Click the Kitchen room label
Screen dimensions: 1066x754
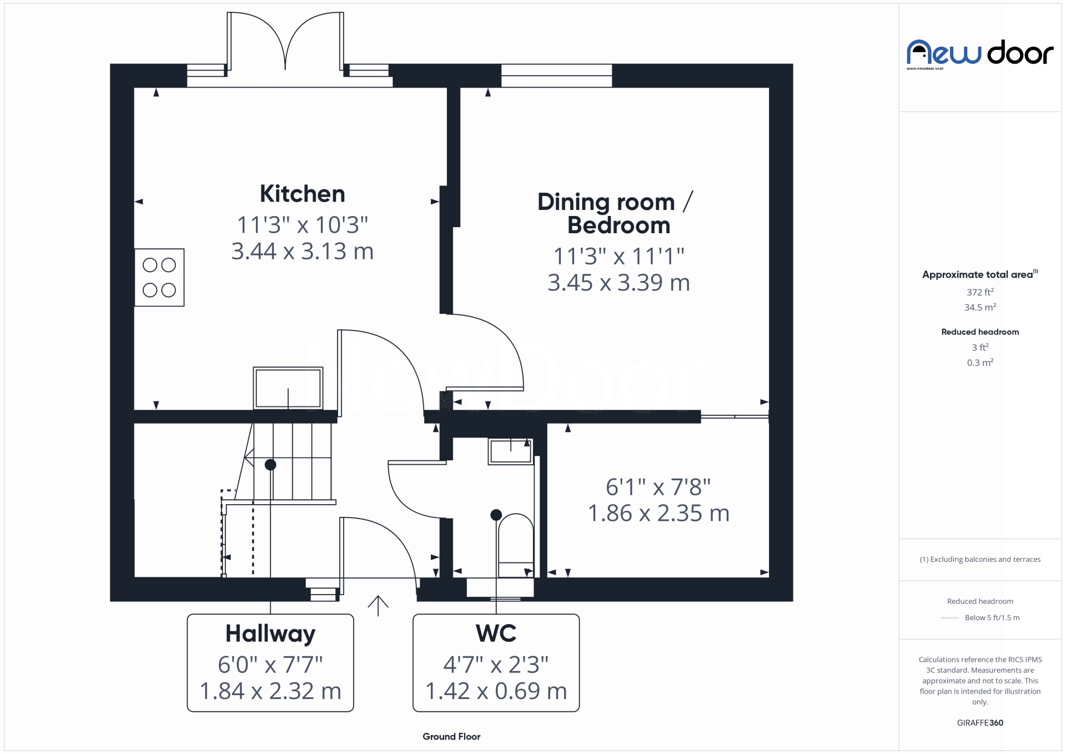tap(303, 194)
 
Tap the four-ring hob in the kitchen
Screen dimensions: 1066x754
tap(159, 278)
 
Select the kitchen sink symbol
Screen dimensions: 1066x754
tap(288, 388)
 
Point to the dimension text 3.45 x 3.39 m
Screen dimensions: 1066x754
tap(619, 283)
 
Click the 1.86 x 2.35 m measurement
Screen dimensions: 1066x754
tap(658, 513)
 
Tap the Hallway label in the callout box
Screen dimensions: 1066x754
tap(270, 634)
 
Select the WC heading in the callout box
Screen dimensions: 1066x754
tap(496, 633)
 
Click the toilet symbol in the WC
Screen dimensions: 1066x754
tap(516, 545)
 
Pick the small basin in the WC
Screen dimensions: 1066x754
tap(510, 451)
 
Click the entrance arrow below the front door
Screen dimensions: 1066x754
tap(378, 605)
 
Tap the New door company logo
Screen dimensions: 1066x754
tap(980, 54)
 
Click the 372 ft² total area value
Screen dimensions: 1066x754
tap(980, 292)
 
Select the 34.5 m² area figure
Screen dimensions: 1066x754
tap(980, 307)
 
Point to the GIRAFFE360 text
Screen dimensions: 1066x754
tap(980, 723)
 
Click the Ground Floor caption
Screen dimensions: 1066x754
tap(451, 737)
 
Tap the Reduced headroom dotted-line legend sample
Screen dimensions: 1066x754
tap(950, 618)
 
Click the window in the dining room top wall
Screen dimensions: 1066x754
tap(556, 76)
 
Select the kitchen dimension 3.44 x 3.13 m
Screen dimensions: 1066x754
tap(303, 252)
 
